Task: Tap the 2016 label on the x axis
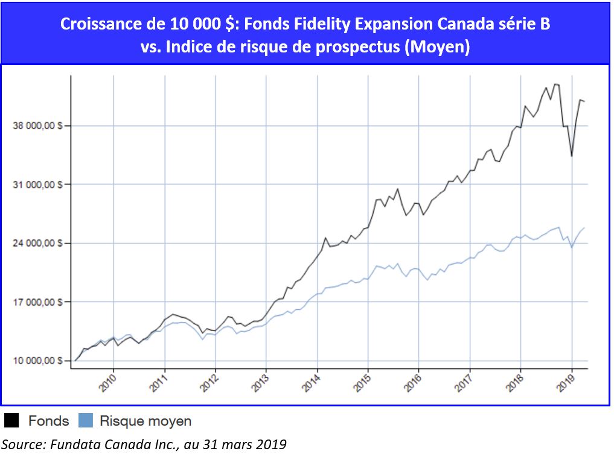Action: click(x=412, y=383)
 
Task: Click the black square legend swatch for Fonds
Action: click(x=11, y=421)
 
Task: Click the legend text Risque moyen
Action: click(x=145, y=421)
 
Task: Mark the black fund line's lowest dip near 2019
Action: click(x=571, y=157)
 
